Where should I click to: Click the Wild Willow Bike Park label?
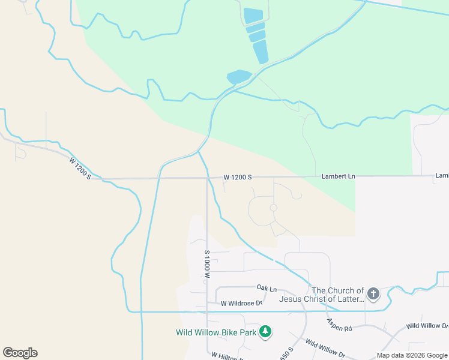click(x=216, y=332)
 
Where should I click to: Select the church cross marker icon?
click(x=373, y=293)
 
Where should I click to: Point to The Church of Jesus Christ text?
click(x=337, y=295)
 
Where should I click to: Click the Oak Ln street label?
click(x=267, y=288)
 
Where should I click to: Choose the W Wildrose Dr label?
click(x=241, y=304)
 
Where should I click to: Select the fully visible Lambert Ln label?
click(x=338, y=176)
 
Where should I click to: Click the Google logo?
click(x=20, y=353)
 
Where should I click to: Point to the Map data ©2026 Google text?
click(x=411, y=355)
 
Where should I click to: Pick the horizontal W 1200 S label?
click(x=238, y=178)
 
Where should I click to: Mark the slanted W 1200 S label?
click(x=80, y=168)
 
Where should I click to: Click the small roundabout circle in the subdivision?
click(x=273, y=208)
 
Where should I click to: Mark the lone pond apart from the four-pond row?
click(x=239, y=77)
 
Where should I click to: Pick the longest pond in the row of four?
click(x=261, y=52)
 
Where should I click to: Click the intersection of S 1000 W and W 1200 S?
click(x=207, y=178)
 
